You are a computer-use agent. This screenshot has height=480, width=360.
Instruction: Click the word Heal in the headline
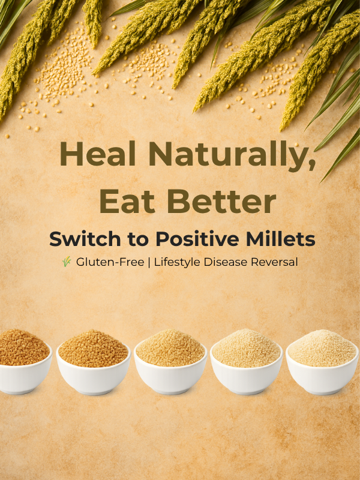98,154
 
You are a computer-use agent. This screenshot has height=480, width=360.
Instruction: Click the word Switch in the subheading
85,239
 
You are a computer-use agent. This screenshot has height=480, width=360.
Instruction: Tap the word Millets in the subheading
281,239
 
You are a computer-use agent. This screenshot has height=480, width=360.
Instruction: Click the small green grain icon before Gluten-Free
67,262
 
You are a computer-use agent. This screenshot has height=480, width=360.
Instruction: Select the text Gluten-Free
110,262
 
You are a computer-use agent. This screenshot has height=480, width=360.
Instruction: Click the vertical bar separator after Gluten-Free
149,262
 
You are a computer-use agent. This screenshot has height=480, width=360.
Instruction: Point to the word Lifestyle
178,263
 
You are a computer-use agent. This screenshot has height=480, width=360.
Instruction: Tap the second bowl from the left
94,363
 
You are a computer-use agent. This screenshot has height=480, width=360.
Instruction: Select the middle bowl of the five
170,362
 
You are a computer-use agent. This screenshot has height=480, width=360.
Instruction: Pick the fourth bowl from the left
247,362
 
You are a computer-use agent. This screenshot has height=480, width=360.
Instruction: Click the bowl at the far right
322,362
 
